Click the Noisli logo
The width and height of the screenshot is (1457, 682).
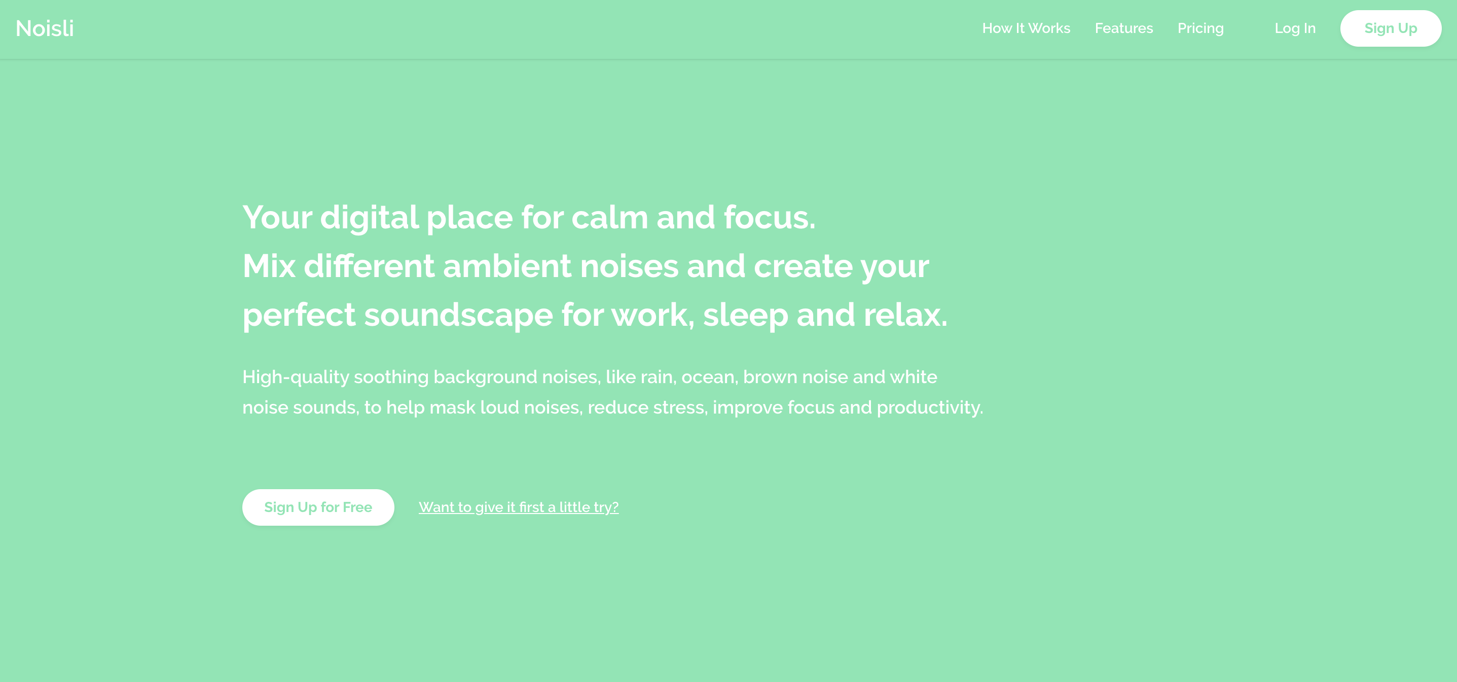[45, 28]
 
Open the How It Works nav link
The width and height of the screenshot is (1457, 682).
[1026, 28]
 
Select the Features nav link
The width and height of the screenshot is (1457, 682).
[1124, 28]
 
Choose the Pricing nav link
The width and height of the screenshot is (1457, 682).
[1200, 28]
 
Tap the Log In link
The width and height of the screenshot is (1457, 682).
[1295, 28]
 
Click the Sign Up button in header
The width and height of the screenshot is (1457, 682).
[1390, 28]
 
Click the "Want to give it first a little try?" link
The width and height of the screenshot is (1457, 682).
[519, 507]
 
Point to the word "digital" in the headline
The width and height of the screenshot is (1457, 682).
[370, 217]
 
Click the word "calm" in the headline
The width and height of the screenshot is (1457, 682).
[610, 217]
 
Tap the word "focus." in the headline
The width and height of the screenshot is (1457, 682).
[770, 217]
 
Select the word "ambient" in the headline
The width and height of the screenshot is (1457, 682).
[507, 266]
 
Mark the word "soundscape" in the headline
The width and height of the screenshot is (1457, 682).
[459, 315]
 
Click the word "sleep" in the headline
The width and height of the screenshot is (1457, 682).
[745, 315]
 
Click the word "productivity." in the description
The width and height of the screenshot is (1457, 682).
[930, 407]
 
